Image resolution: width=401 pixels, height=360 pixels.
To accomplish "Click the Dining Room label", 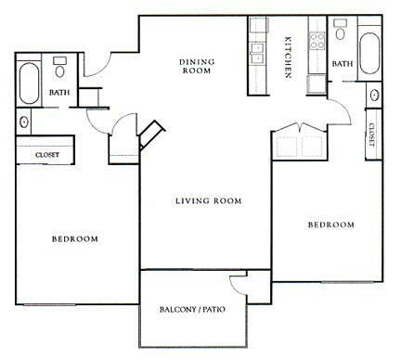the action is [197, 66].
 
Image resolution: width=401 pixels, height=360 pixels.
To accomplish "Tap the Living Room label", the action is [209, 201].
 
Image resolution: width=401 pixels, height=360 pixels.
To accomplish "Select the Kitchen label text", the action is [288, 58].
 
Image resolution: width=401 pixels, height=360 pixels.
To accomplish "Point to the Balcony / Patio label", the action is [192, 309].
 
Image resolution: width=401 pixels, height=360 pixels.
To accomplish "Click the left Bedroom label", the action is [75, 238].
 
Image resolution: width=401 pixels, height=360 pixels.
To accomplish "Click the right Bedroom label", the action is [331, 225].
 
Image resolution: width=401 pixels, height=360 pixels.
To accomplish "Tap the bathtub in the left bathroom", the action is [29, 84].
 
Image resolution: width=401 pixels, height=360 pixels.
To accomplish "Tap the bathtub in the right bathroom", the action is [369, 53].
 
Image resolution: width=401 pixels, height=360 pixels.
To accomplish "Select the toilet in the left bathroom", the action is [59, 67].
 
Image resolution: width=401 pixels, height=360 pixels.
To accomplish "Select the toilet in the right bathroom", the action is [341, 29].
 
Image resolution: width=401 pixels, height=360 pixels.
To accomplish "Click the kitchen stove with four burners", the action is [317, 41].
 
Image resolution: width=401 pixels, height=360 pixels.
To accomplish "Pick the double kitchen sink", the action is [257, 53].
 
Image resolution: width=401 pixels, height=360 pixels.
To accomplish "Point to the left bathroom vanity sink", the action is [23, 122].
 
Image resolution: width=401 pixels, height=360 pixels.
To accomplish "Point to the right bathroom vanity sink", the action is [374, 95].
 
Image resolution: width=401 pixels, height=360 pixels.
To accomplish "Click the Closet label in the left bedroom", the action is [47, 155].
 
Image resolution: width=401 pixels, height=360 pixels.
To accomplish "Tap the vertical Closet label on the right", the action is [371, 135].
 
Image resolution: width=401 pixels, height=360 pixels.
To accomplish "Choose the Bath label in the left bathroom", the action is [59, 92].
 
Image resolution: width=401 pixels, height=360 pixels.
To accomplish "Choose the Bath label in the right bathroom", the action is [343, 64].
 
